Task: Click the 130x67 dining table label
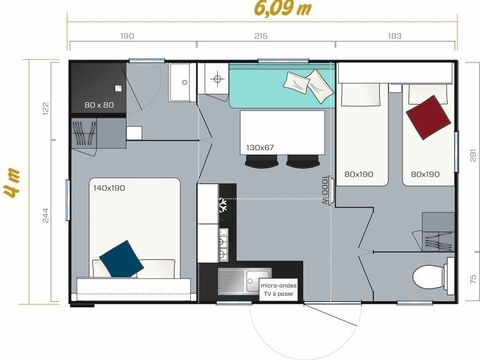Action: click(260, 148)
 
